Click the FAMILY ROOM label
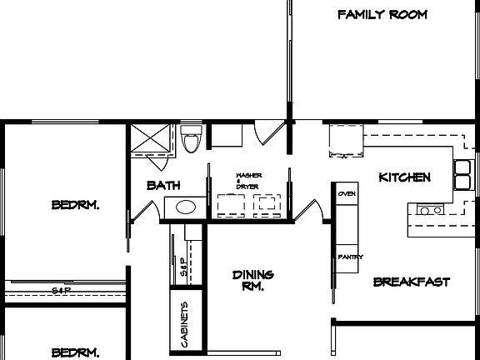(x=382, y=14)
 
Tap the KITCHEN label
(x=404, y=177)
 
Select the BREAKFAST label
(x=411, y=282)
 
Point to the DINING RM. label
(x=252, y=281)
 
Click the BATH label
(x=163, y=185)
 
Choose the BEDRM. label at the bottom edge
(x=75, y=352)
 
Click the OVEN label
(x=347, y=193)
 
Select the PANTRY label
(x=349, y=257)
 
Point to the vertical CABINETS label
(x=184, y=322)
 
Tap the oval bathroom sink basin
(x=185, y=207)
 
